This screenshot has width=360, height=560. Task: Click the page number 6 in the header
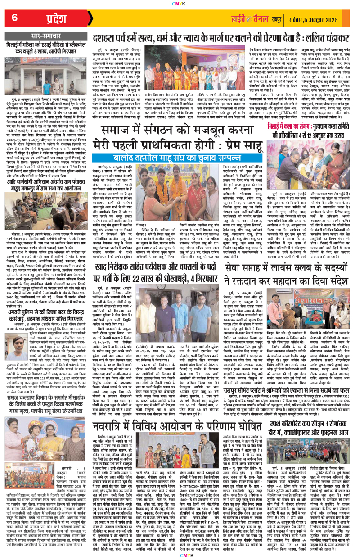[14, 18]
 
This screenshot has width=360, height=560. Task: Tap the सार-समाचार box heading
[45, 34]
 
